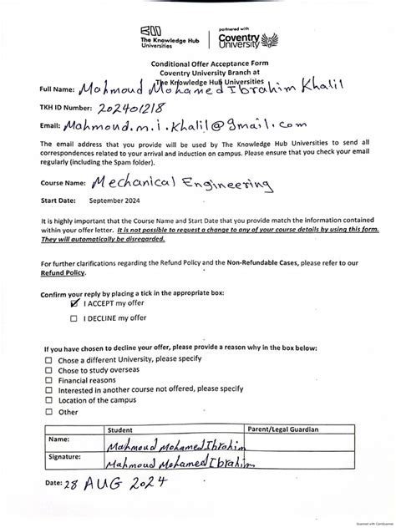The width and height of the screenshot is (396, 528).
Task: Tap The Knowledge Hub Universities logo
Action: pyautogui.click(x=161, y=38)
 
